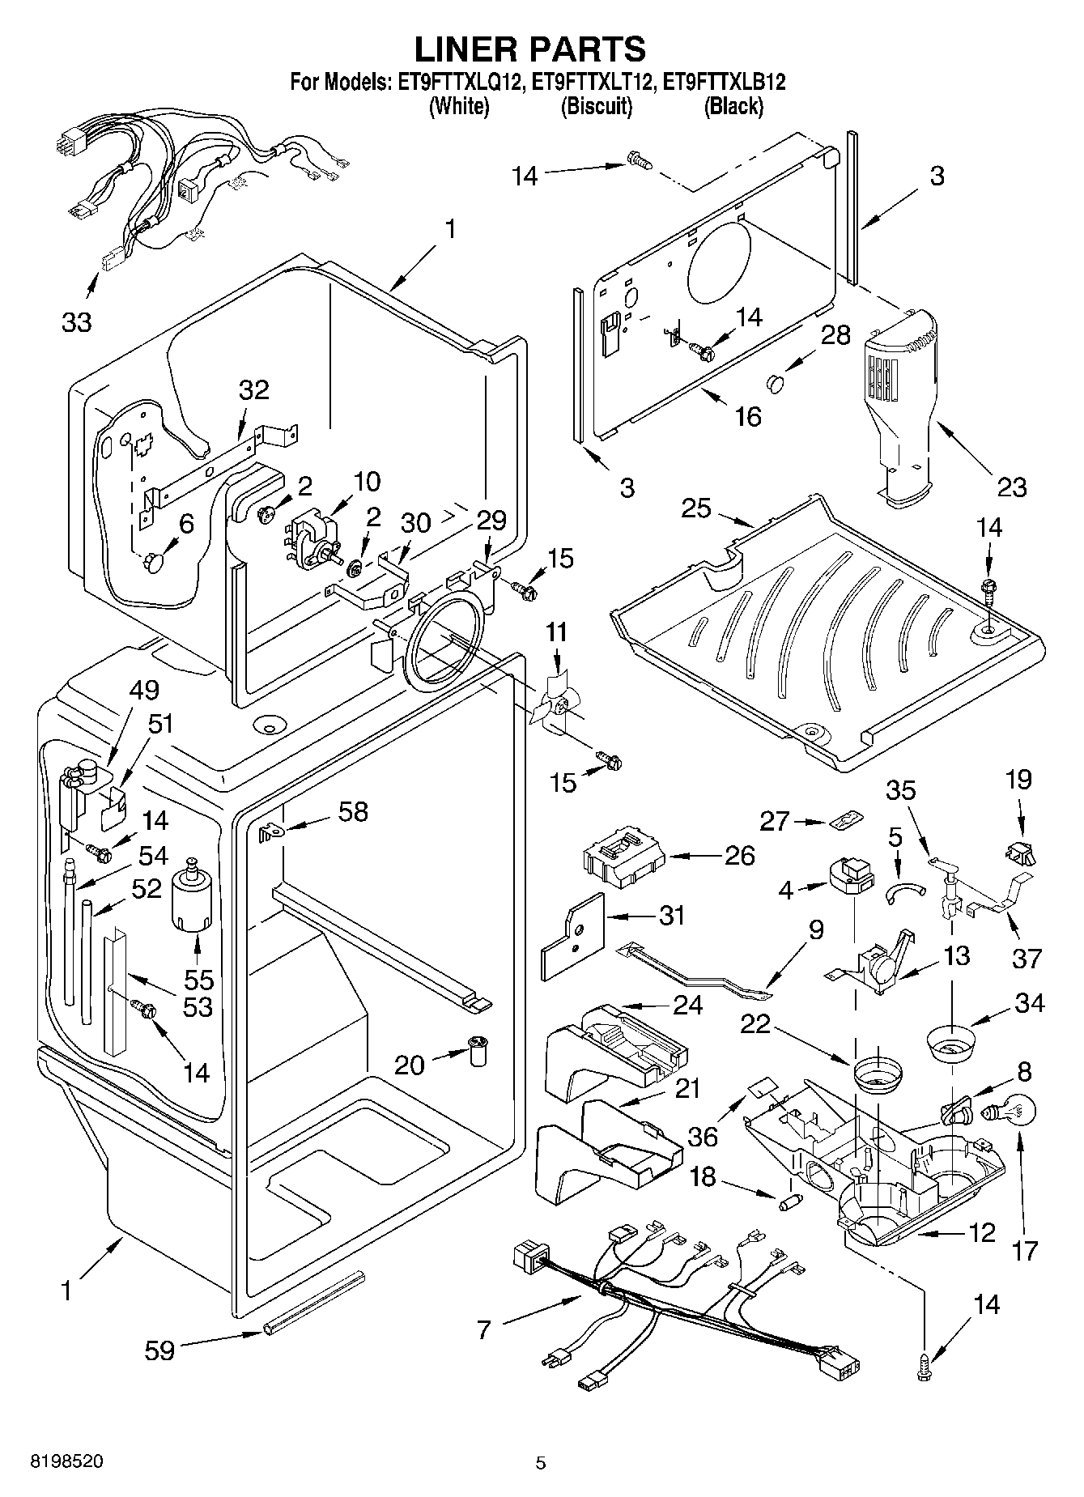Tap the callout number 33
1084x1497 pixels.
(77, 322)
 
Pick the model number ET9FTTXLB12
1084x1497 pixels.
(725, 83)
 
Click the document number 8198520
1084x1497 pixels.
(66, 1462)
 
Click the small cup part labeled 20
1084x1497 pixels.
(478, 1051)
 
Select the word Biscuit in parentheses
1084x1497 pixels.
(596, 106)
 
